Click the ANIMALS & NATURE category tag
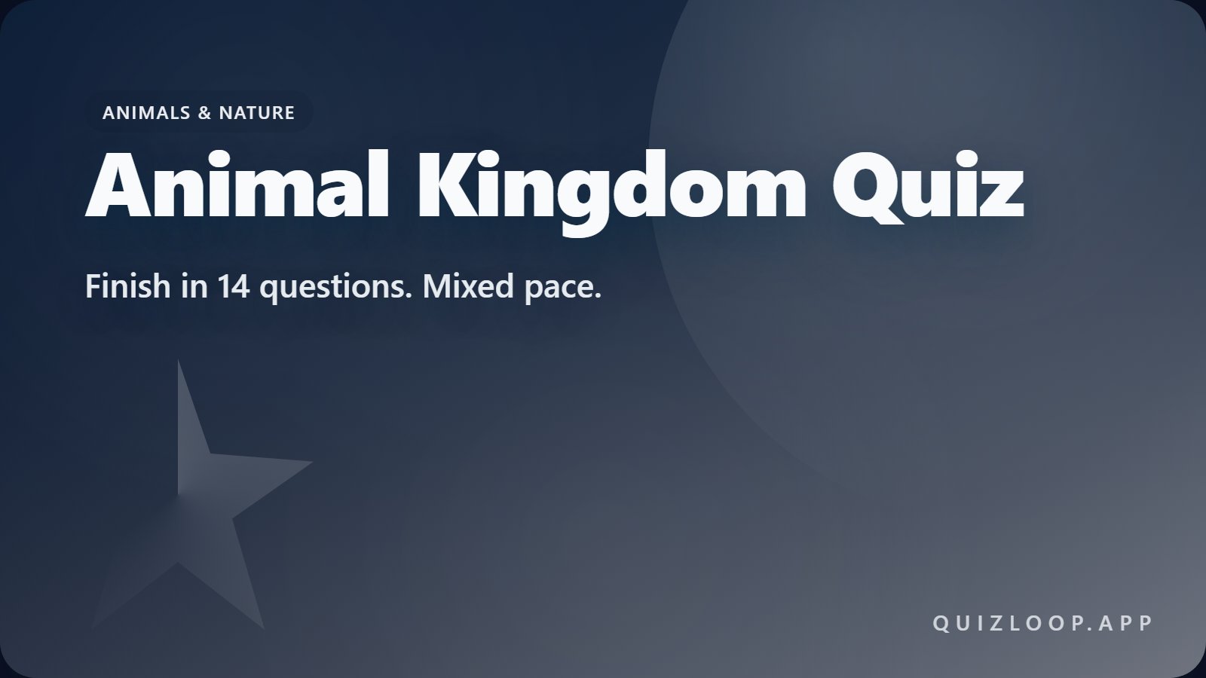tap(198, 112)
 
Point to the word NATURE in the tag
tap(256, 112)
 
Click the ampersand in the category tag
tap(204, 112)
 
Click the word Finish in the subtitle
tap(127, 286)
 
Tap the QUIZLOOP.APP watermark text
tap(1043, 624)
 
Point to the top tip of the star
tap(179, 363)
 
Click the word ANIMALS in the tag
tap(145, 112)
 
